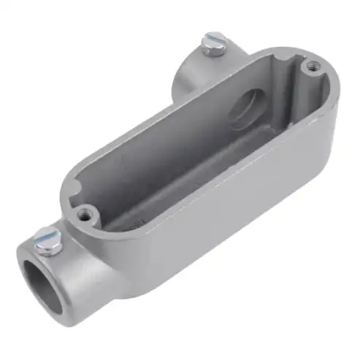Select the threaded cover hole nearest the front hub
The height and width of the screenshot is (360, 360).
(x=85, y=215)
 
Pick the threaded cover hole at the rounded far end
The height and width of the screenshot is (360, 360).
(x=313, y=66)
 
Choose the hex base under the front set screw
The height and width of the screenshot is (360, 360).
(x=51, y=248)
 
